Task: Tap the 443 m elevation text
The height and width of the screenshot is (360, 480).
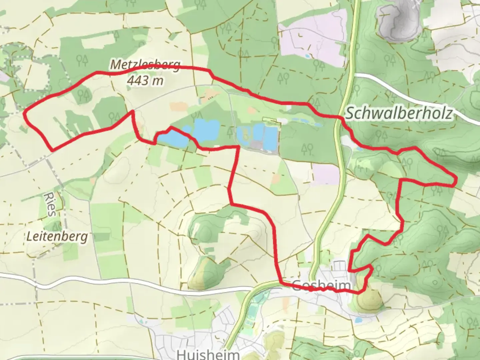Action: (145, 80)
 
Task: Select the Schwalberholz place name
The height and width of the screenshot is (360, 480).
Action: (399, 113)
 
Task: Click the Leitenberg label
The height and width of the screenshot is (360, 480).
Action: (57, 237)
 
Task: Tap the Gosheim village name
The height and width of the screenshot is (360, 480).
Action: (321, 285)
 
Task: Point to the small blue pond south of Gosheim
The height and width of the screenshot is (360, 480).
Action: (358, 320)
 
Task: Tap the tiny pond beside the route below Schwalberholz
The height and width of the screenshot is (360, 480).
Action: (359, 149)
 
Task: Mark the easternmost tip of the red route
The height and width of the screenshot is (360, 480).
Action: (455, 181)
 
